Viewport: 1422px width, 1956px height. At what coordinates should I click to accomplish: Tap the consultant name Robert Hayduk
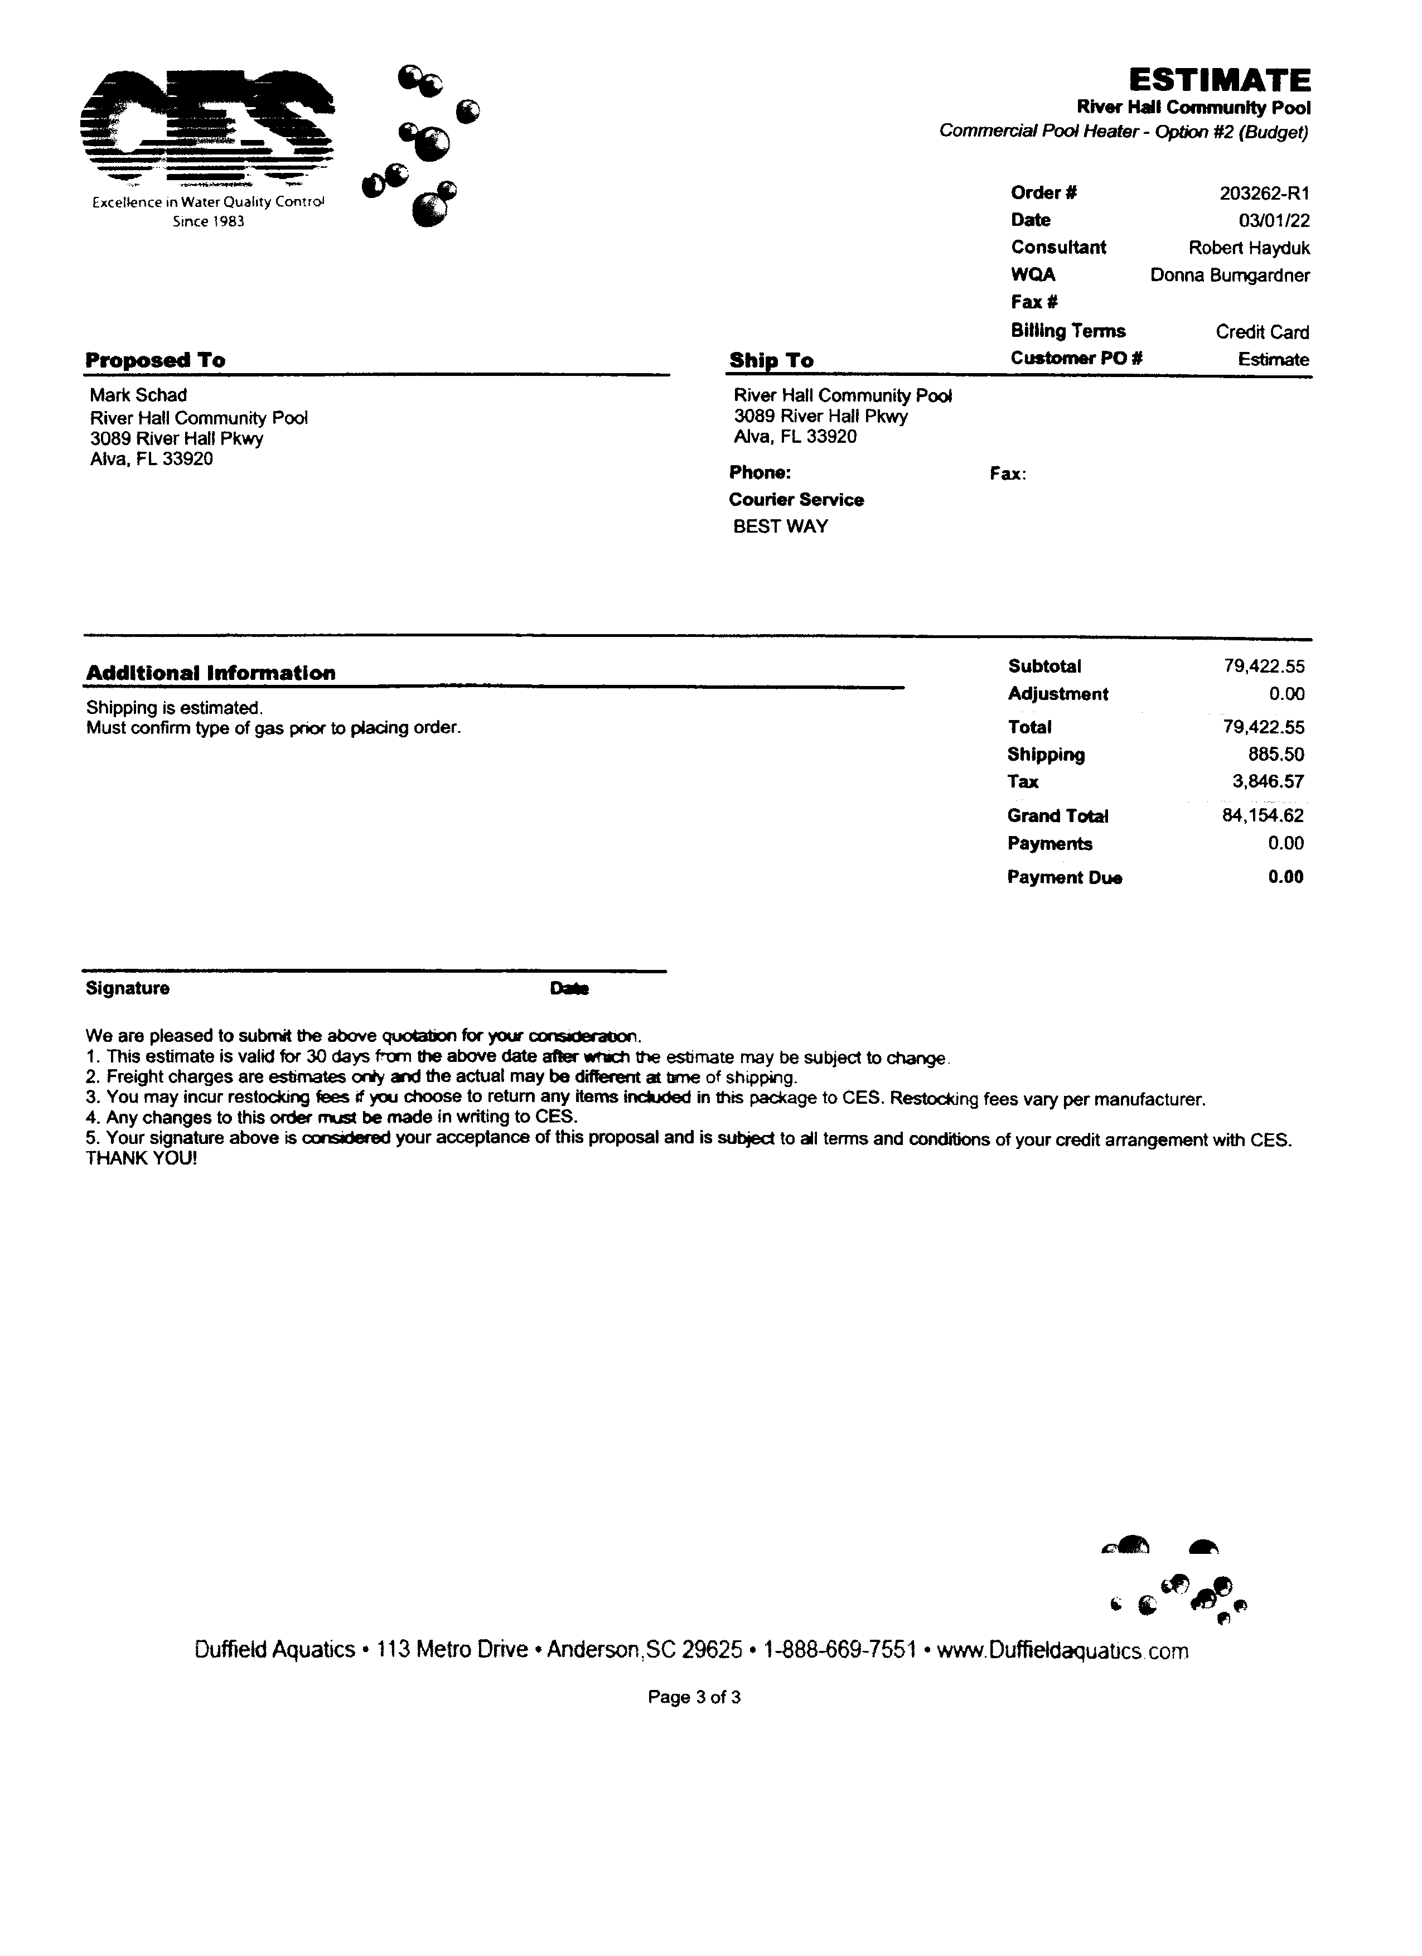[1249, 248]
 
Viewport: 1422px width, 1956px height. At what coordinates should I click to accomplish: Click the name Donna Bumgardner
[1230, 276]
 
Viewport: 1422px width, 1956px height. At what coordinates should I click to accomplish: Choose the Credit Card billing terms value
[1261, 332]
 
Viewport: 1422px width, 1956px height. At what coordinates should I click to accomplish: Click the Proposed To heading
[155, 360]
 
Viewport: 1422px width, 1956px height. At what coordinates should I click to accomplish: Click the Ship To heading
[771, 360]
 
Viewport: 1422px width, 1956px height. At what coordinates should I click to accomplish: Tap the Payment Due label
[1064, 877]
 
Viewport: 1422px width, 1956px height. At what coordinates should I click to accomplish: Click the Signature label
[128, 988]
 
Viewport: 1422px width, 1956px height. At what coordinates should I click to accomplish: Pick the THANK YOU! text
[142, 1158]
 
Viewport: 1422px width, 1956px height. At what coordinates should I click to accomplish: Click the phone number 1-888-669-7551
[839, 1650]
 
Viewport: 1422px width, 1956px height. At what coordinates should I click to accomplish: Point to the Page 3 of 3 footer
[693, 1697]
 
